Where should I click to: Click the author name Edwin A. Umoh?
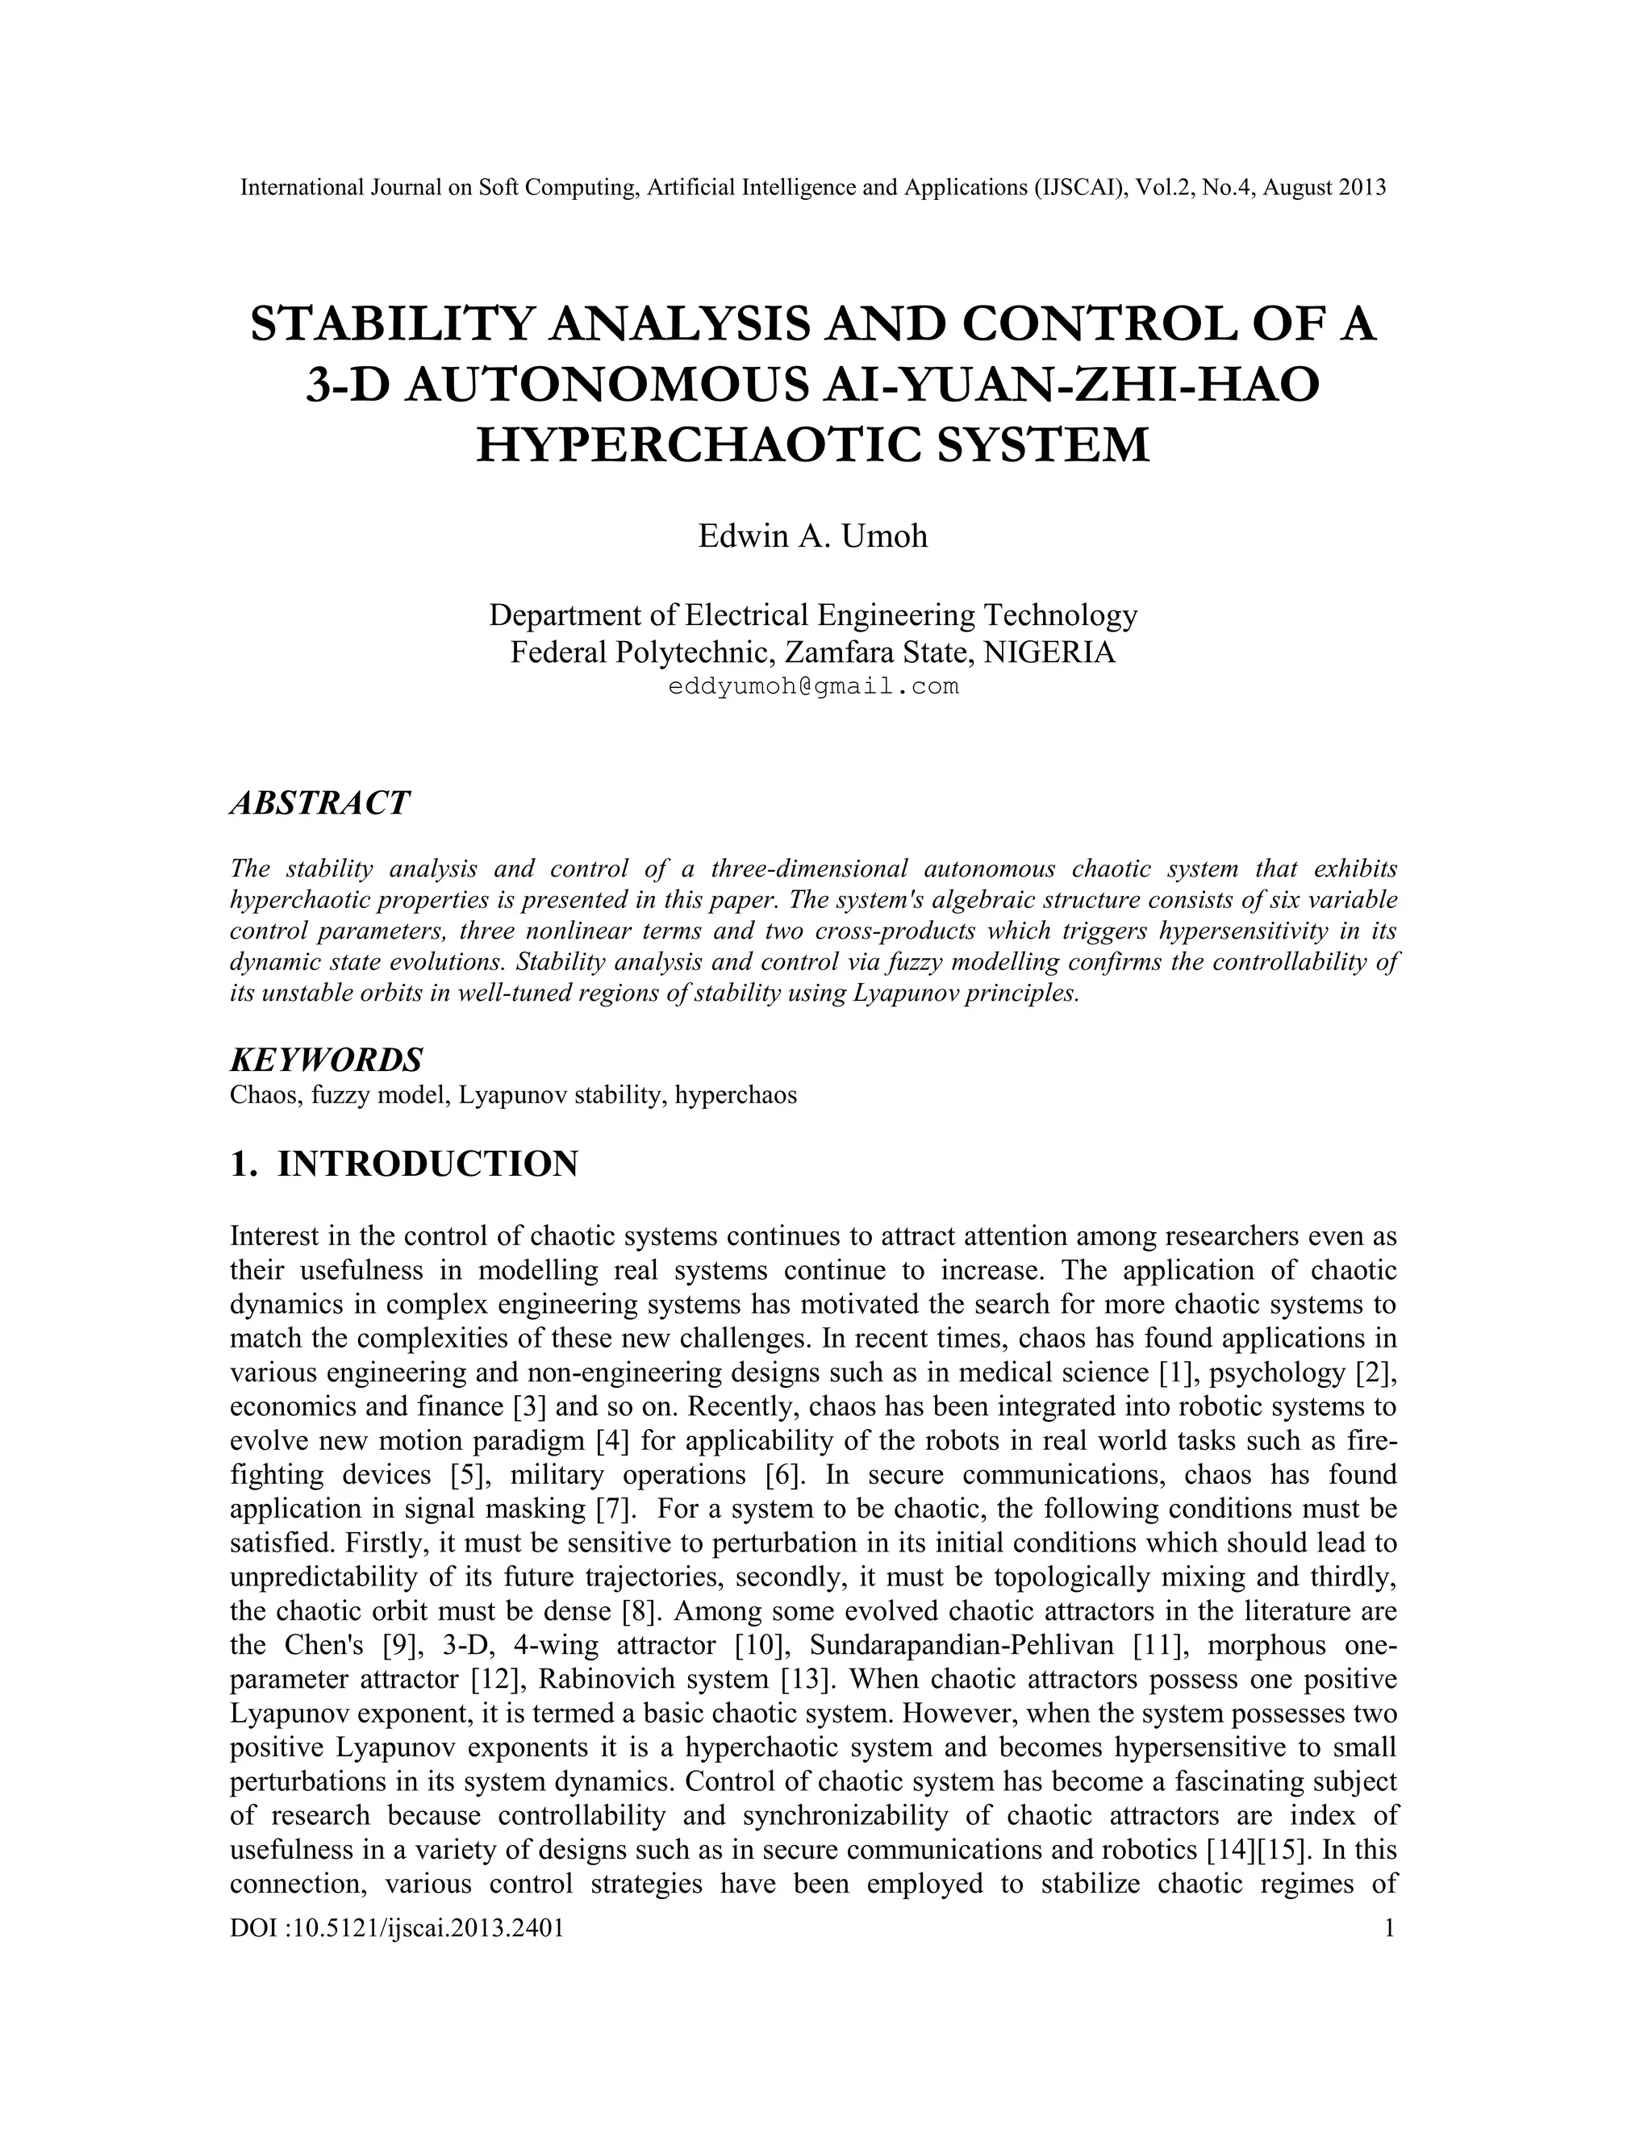[812, 536]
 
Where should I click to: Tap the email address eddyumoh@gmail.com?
[812, 687]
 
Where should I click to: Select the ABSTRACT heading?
[319, 803]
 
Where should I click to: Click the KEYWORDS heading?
[326, 1059]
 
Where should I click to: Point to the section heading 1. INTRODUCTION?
[403, 1164]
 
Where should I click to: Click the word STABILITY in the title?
[390, 324]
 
